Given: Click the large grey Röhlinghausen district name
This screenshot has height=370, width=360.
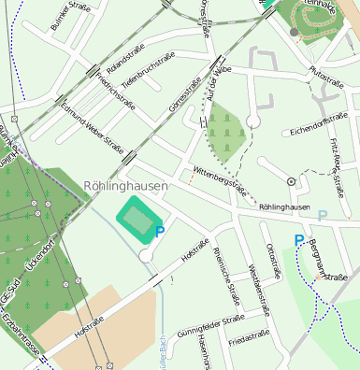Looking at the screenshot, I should pyautogui.click(x=125, y=186).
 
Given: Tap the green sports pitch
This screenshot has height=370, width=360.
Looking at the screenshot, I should pyautogui.click(x=139, y=221).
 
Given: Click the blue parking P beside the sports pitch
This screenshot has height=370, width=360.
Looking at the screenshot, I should pyautogui.click(x=160, y=232).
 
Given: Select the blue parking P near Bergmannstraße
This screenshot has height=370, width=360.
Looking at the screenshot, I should pyautogui.click(x=299, y=240).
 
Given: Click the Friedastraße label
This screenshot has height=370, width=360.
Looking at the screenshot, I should pyautogui.click(x=249, y=335).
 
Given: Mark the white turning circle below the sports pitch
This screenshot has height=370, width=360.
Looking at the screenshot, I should pyautogui.click(x=145, y=255).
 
